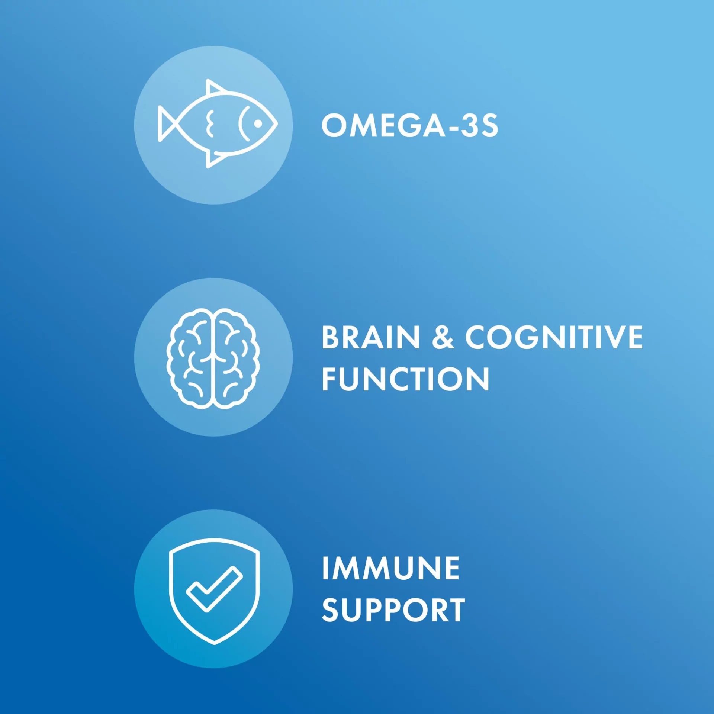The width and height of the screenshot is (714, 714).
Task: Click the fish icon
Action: click(218, 124)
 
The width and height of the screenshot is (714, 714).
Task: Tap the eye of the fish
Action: click(258, 123)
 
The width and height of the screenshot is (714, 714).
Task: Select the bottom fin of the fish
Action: click(215, 159)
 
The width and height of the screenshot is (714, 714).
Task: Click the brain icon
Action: click(213, 358)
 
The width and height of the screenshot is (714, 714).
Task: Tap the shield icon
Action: click(214, 591)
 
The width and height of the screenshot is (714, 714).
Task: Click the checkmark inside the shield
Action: click(214, 589)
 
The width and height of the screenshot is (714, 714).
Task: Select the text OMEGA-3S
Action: click(409, 126)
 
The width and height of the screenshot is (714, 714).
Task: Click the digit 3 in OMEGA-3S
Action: click(467, 126)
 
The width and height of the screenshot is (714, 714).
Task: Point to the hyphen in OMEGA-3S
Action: click(451, 128)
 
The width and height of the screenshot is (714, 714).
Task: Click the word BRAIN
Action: click(370, 337)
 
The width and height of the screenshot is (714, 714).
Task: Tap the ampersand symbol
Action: click(443, 337)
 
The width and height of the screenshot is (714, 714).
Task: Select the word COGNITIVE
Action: click(554, 337)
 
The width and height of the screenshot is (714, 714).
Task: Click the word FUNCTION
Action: click(405, 379)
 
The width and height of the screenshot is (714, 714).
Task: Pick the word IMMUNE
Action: click(391, 568)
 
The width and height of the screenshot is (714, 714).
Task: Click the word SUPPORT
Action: click(393, 610)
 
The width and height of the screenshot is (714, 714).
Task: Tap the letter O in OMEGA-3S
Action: click(335, 126)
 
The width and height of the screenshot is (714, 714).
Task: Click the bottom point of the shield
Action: click(215, 644)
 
